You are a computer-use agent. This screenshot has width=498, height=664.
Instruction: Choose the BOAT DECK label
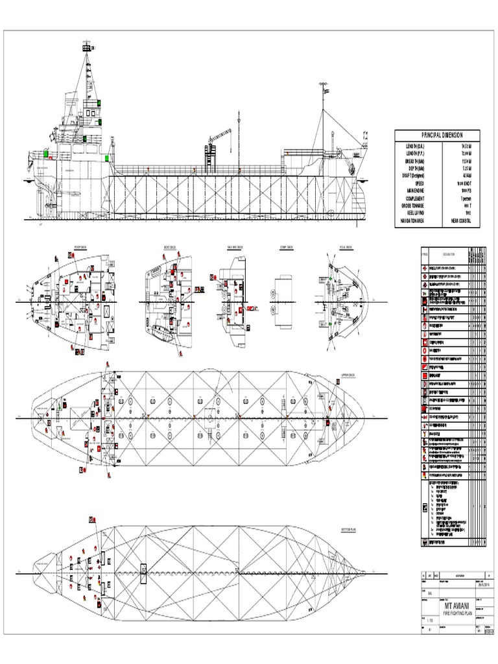(x=171, y=247)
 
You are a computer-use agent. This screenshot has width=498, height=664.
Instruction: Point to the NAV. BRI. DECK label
(x=234, y=247)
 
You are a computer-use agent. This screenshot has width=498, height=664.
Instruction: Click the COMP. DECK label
(x=287, y=247)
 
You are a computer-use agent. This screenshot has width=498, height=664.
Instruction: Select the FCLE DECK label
(x=345, y=247)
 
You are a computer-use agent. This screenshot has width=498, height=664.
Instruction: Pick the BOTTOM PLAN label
(x=348, y=529)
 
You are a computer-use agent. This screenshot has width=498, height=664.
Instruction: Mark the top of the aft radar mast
(x=86, y=47)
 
